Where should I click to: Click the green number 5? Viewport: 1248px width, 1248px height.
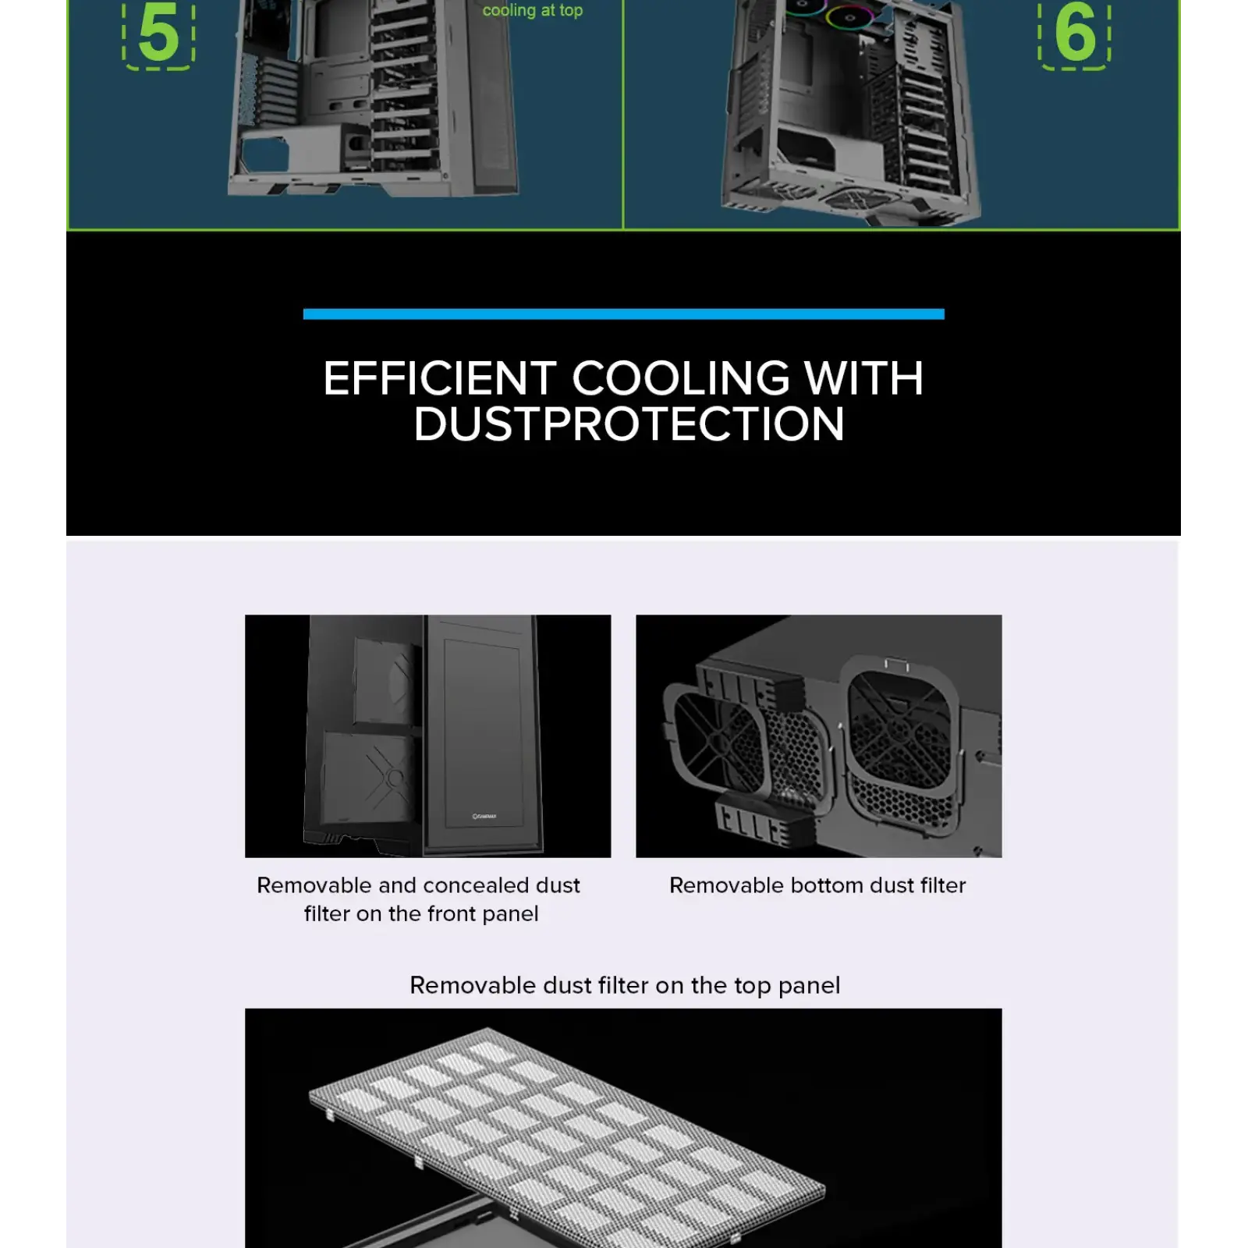pyautogui.click(x=158, y=33)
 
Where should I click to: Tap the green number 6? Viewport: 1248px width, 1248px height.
pyautogui.click(x=1075, y=33)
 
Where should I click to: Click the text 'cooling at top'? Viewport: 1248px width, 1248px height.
pyautogui.click(x=533, y=10)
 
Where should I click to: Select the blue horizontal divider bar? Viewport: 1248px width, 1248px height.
pyautogui.click(x=623, y=314)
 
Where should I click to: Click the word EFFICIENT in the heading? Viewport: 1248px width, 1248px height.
pyautogui.click(x=440, y=378)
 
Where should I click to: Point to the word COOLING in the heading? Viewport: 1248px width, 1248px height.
pyautogui.click(x=681, y=378)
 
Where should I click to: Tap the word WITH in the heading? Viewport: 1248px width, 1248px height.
pyautogui.click(x=863, y=378)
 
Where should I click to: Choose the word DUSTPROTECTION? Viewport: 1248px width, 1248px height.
pyautogui.click(x=629, y=424)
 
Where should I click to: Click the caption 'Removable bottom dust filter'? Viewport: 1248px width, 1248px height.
pyautogui.click(x=817, y=885)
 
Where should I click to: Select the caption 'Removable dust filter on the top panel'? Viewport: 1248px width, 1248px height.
pyautogui.click(x=625, y=985)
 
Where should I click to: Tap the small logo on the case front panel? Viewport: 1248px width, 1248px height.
pyautogui.click(x=484, y=817)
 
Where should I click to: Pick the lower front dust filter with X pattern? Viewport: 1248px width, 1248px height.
pyautogui.click(x=367, y=776)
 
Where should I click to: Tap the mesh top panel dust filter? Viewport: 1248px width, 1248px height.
pyautogui.click(x=567, y=1131)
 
